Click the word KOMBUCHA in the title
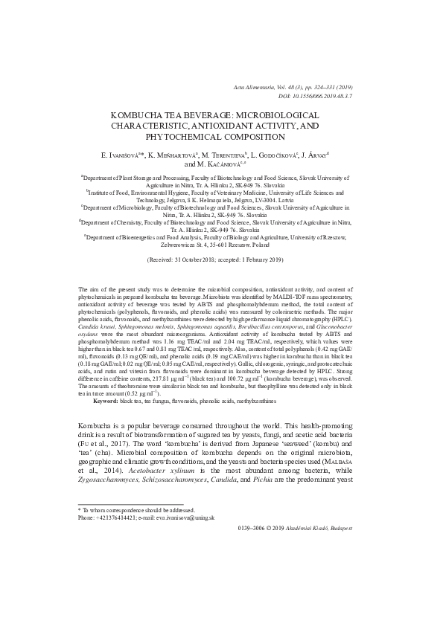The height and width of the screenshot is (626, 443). coord(138,116)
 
